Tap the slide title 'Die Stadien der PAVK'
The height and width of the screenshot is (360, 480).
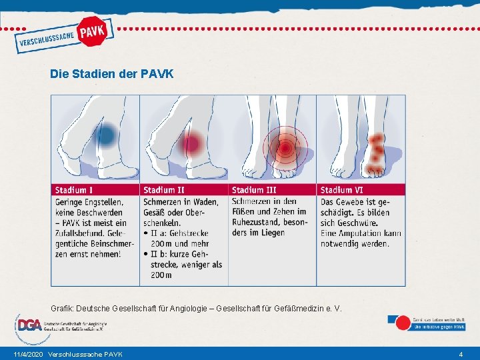click(x=111, y=74)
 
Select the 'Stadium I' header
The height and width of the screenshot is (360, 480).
click(x=75, y=190)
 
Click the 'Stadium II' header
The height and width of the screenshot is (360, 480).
click(x=164, y=190)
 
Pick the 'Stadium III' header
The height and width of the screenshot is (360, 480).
click(x=255, y=190)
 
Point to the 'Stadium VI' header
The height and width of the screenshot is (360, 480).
click(x=342, y=190)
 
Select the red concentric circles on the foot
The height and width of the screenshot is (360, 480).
click(x=285, y=147)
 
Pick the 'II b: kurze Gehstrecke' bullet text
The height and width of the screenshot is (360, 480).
click(x=179, y=254)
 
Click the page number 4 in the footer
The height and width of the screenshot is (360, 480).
click(x=461, y=353)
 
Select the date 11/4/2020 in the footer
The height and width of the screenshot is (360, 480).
click(x=27, y=353)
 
